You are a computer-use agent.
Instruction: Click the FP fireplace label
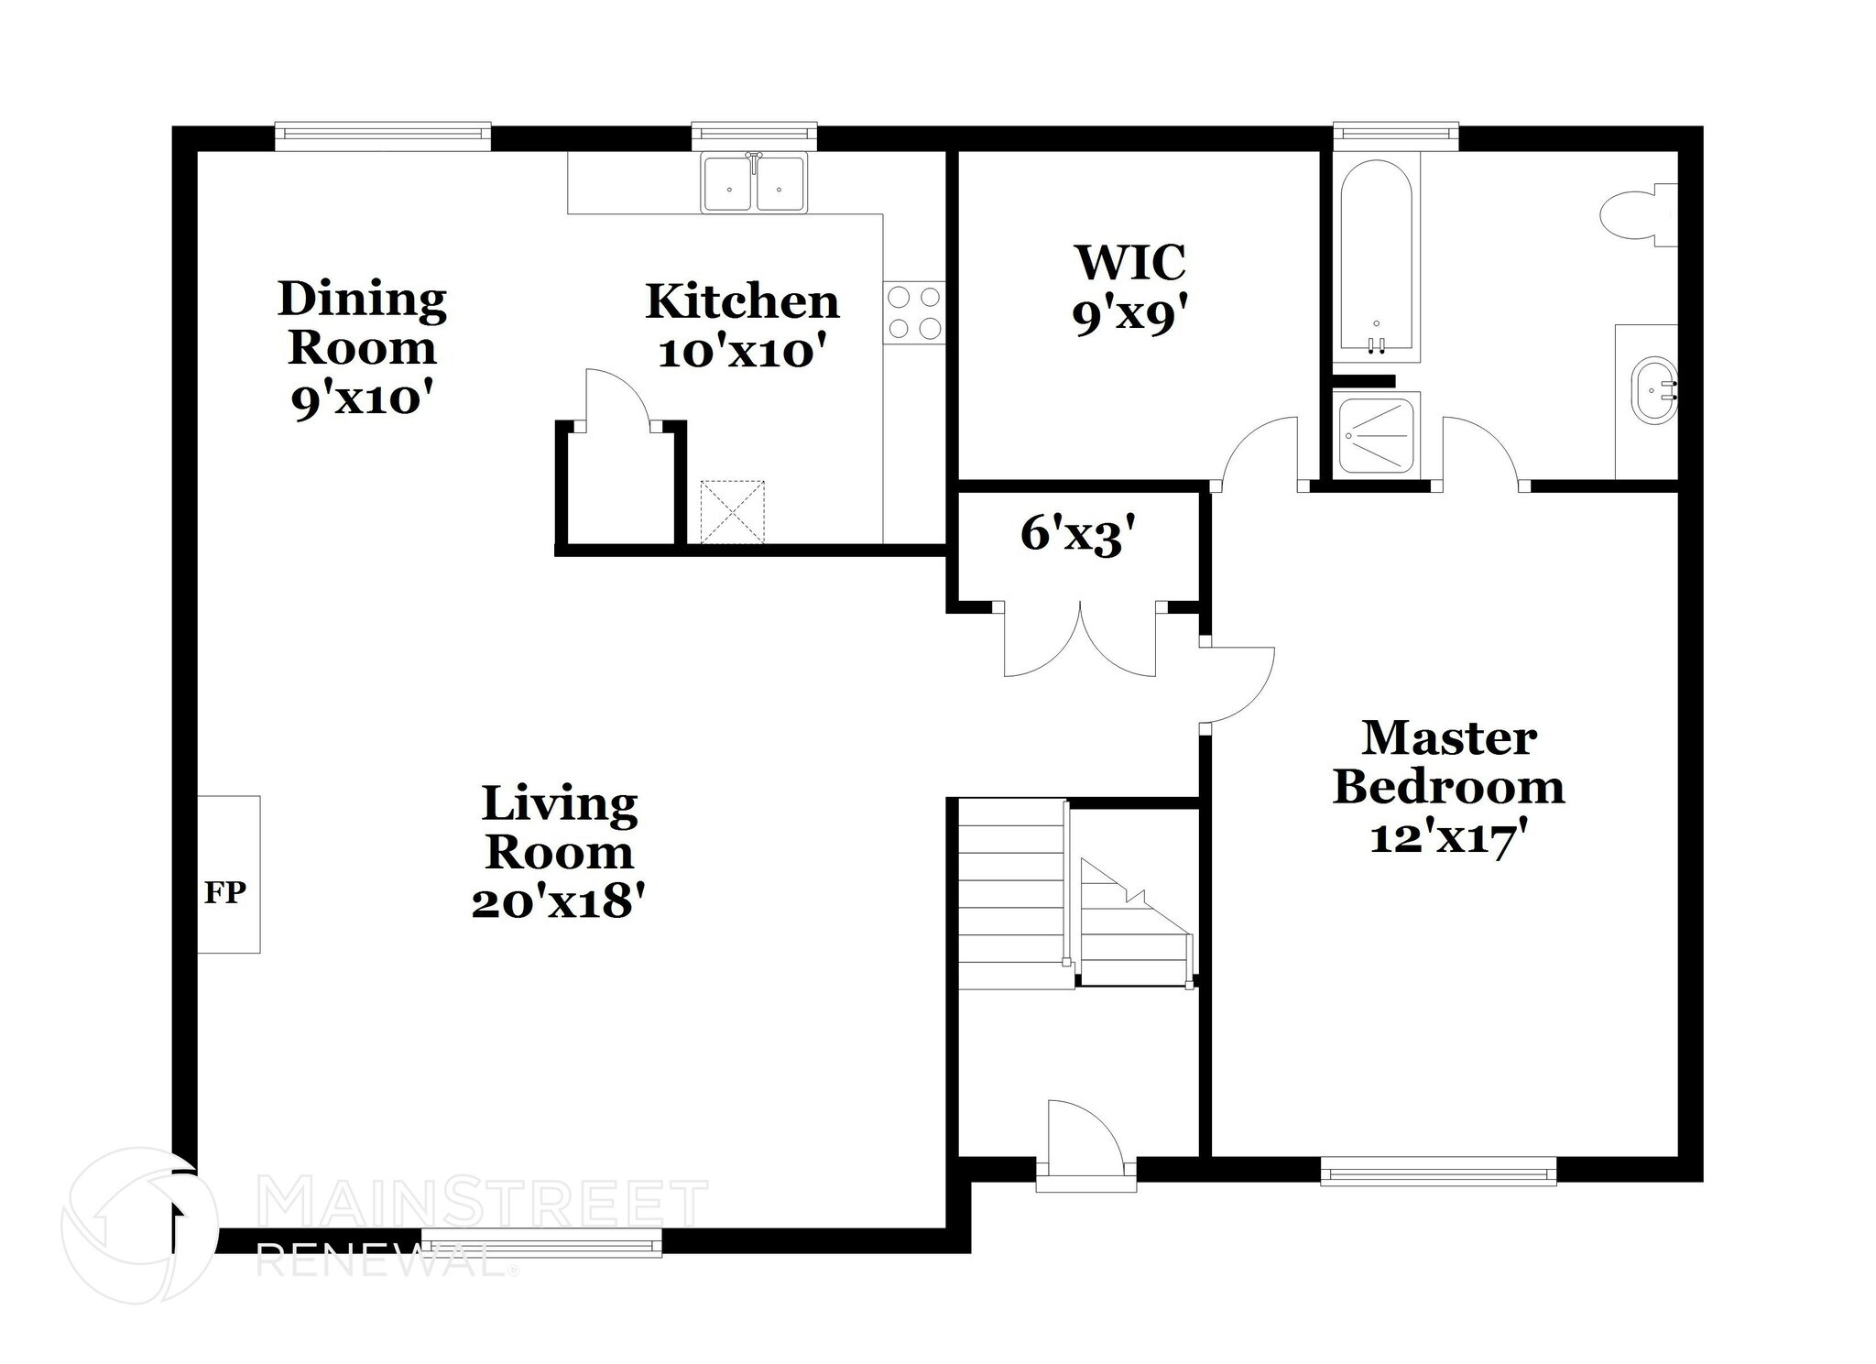(x=224, y=892)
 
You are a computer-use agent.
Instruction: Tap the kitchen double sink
(x=754, y=184)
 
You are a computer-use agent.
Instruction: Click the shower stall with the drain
(x=1376, y=435)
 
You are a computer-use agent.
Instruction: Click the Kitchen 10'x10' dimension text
(x=748, y=352)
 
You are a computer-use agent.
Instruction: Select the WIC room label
(x=1130, y=262)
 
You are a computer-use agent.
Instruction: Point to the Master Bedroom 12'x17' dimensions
(x=1448, y=837)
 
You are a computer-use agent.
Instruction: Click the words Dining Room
(x=362, y=322)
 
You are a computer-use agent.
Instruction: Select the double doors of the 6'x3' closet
(x=1080, y=641)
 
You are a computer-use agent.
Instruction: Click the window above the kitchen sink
(x=754, y=135)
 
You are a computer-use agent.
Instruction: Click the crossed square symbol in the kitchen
(x=732, y=512)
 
